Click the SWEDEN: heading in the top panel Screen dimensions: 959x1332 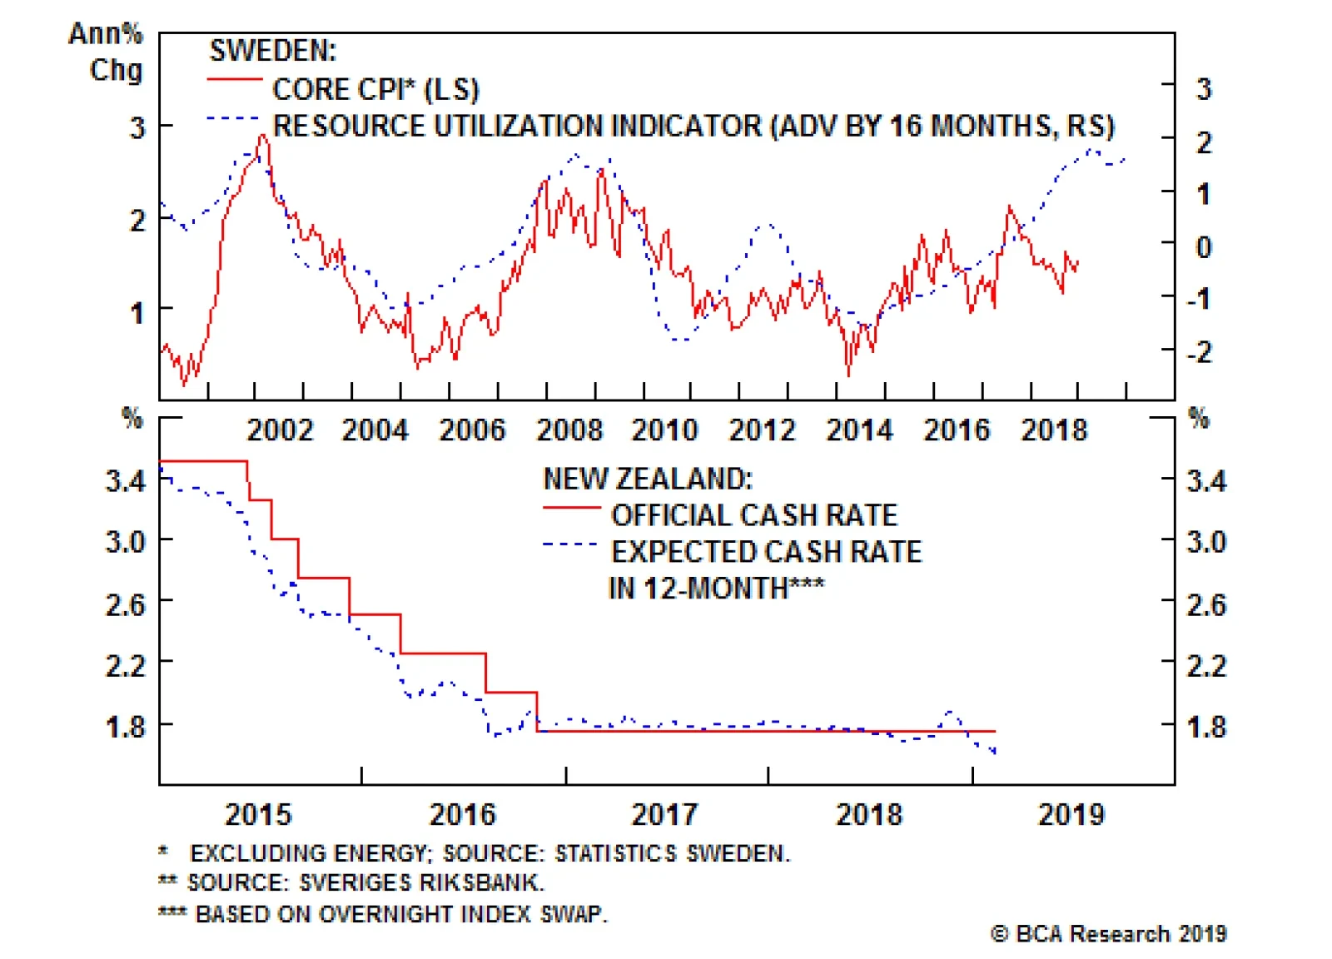[x=272, y=51]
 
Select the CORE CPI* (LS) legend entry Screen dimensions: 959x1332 [x=375, y=89]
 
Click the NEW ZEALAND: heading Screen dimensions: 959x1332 [x=648, y=479]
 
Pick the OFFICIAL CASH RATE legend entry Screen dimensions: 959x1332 [x=754, y=515]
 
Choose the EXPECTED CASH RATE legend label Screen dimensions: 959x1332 [x=766, y=552]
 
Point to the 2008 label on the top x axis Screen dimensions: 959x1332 [x=569, y=430]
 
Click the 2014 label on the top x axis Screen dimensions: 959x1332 [x=859, y=430]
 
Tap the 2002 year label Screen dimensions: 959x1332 [x=280, y=430]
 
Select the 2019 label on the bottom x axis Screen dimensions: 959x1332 [x=1071, y=813]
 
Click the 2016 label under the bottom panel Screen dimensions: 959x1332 [x=462, y=813]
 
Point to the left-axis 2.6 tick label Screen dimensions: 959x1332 [x=125, y=604]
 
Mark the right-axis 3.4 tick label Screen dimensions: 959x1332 [x=1206, y=480]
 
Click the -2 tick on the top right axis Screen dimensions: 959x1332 [x=1200, y=352]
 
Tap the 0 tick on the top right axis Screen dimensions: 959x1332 [x=1204, y=246]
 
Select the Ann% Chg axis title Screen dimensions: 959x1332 [x=107, y=52]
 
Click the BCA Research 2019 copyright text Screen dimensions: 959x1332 [x=1109, y=933]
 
